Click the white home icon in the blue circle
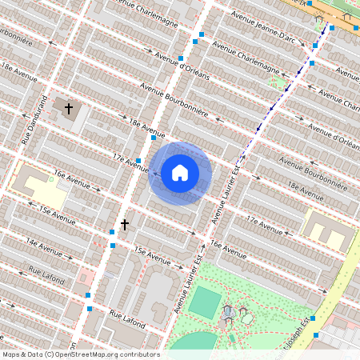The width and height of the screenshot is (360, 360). tap(180, 173)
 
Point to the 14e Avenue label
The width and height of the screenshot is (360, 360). tap(43, 242)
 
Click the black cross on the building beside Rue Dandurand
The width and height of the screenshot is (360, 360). tap(69, 108)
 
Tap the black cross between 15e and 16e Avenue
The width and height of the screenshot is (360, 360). tap(124, 226)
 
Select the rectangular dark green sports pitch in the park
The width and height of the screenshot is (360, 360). tap(206, 303)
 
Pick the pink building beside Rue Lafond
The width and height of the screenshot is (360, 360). tap(86, 279)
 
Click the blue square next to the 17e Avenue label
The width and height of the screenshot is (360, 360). tap(138, 161)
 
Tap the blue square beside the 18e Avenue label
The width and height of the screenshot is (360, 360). tap(154, 138)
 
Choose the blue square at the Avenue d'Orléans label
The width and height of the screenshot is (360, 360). tap(182, 58)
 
